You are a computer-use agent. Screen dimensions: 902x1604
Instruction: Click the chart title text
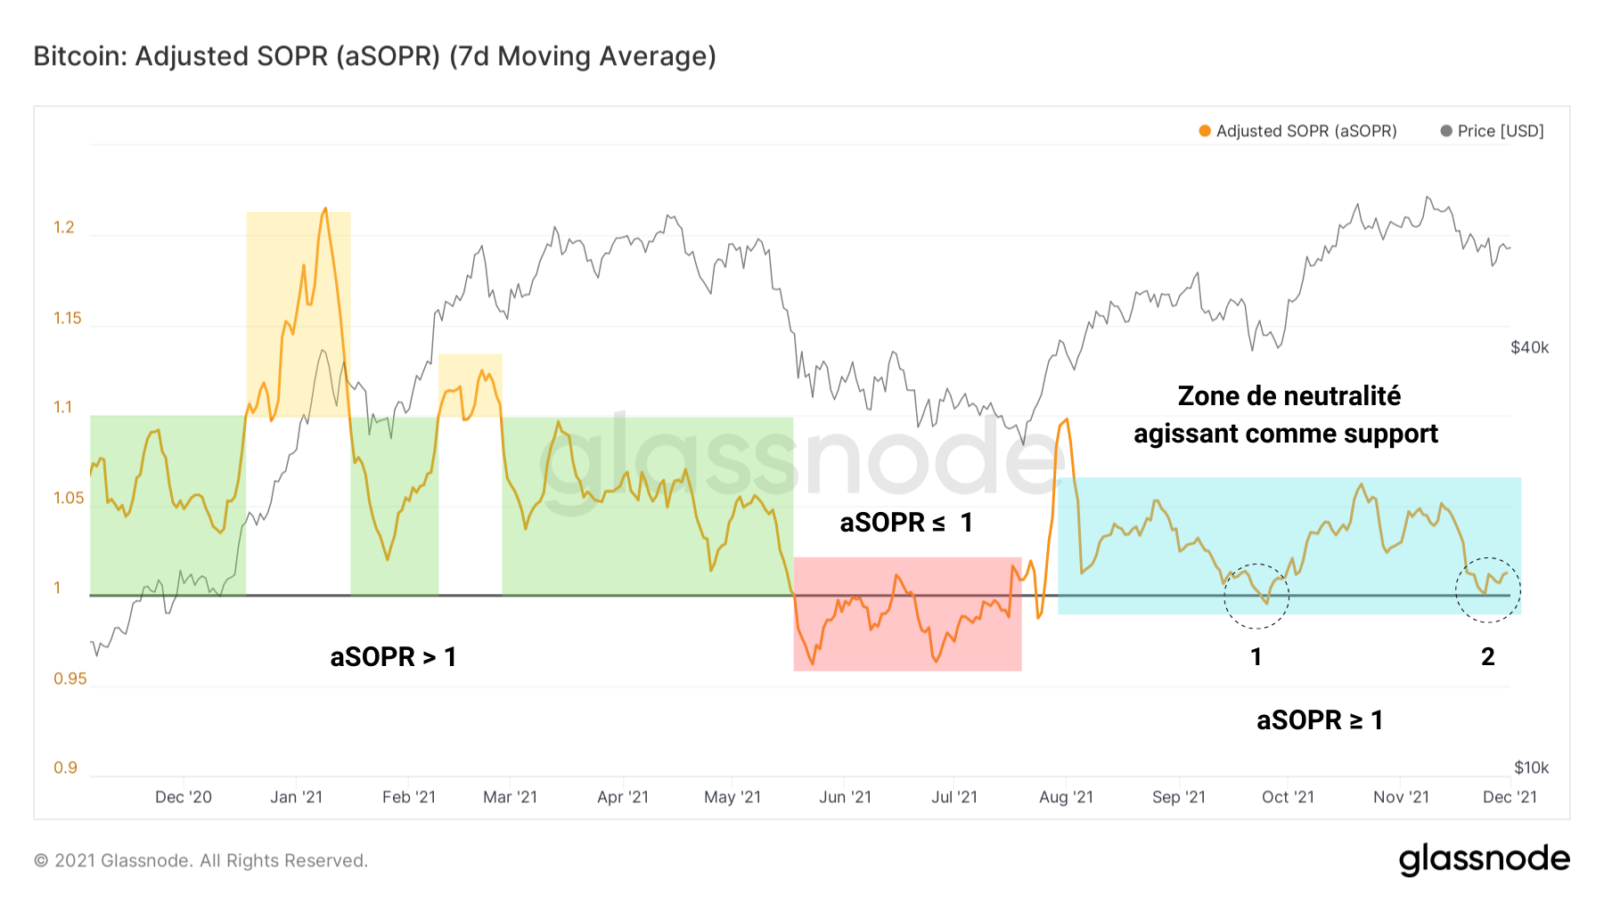[x=374, y=56]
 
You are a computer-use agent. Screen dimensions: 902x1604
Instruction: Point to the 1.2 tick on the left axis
[x=64, y=227]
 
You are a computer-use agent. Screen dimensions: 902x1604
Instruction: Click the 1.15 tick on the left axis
[x=67, y=318]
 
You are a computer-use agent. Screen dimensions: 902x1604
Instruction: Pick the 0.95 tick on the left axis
[x=70, y=679]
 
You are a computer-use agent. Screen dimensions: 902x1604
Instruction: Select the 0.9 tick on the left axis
[x=65, y=768]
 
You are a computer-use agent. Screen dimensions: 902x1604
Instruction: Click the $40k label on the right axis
[x=1529, y=347]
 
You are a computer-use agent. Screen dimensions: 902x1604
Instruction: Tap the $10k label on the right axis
[x=1531, y=768]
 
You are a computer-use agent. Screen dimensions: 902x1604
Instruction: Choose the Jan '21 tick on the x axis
[x=296, y=797]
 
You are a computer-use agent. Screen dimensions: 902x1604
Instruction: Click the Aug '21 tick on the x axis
[x=1066, y=797]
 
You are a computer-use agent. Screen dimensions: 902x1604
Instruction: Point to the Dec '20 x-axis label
[x=184, y=797]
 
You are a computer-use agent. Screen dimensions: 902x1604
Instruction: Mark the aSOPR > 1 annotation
[x=393, y=657]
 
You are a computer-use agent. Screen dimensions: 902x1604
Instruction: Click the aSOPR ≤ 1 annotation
[x=905, y=523]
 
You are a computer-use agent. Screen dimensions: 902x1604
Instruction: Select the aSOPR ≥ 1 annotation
[x=1319, y=719]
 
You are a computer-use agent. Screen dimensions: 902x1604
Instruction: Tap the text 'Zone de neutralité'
[x=1289, y=396]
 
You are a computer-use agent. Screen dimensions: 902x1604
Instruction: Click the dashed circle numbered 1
[x=1256, y=596]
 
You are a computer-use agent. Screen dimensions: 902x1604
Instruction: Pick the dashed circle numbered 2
[x=1488, y=589]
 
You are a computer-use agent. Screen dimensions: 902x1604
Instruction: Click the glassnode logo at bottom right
[x=1484, y=859]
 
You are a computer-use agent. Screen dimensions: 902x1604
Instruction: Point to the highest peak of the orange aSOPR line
[x=325, y=209]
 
